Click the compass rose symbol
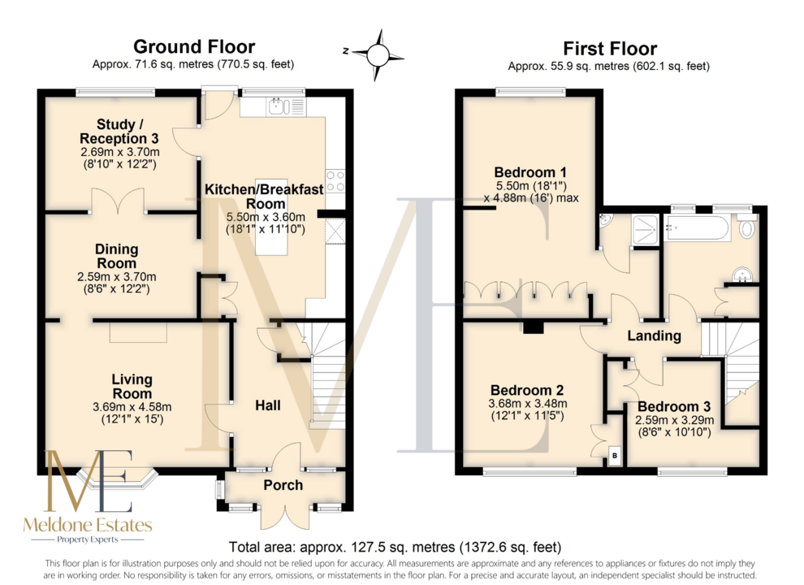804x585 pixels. [x=378, y=55]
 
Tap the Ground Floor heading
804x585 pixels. [x=194, y=46]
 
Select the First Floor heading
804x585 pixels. [x=610, y=49]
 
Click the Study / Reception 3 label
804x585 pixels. [x=119, y=132]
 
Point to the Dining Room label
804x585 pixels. [x=116, y=256]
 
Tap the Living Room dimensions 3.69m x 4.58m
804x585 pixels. [x=132, y=407]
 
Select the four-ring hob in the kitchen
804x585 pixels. [x=336, y=181]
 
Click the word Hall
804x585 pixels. [x=268, y=405]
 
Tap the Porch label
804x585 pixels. [x=283, y=485]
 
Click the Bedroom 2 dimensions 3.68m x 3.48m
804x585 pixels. [x=528, y=403]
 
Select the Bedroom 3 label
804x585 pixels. [x=674, y=406]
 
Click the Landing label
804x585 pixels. [x=655, y=336]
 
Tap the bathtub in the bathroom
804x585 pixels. [x=697, y=227]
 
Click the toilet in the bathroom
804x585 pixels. [x=746, y=225]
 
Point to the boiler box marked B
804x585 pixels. [x=615, y=456]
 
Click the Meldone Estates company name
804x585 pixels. [x=88, y=524]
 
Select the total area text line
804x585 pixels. [x=395, y=547]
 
